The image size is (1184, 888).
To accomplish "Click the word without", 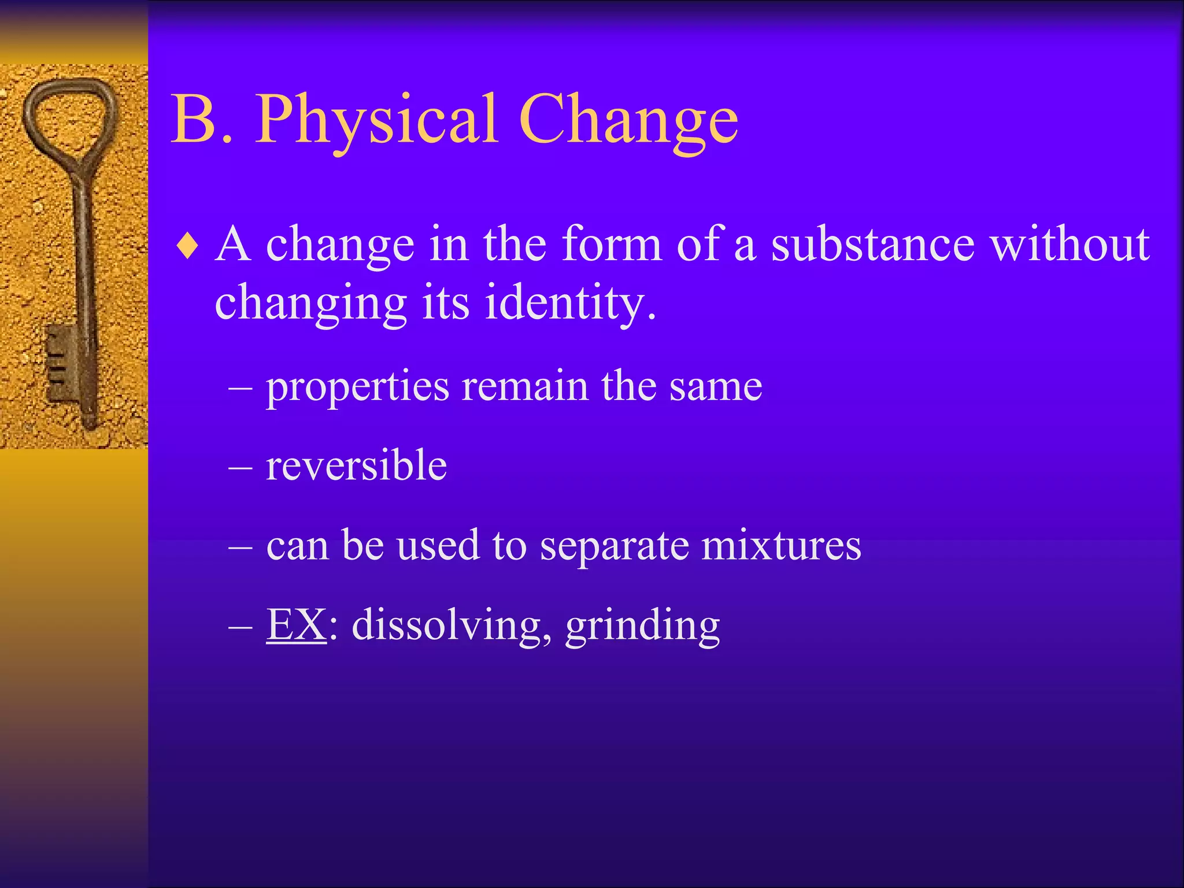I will pos(1070,244).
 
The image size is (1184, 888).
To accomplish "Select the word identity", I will pos(569,303).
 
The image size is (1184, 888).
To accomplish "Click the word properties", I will pos(357,387).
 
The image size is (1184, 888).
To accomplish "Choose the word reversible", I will pos(356,465).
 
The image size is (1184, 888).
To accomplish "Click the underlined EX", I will pos(296,624).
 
